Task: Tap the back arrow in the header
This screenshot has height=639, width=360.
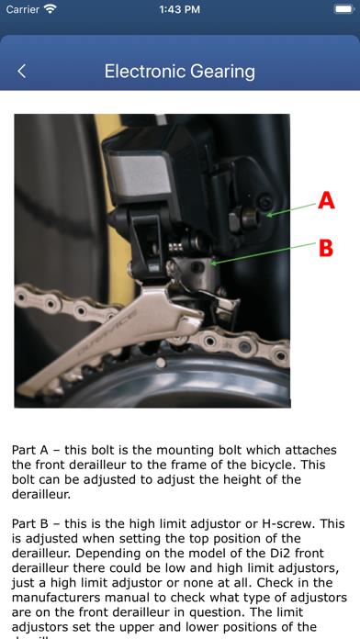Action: coord(22,72)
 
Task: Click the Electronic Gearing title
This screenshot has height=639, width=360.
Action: coord(180,72)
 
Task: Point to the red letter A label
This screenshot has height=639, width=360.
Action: coord(326,200)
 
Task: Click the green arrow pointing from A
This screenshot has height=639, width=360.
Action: coord(292,207)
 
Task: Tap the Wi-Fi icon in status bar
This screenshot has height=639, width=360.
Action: coord(50,9)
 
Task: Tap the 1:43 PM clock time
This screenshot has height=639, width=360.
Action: coord(180,9)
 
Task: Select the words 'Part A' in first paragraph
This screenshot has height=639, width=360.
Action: coord(30,451)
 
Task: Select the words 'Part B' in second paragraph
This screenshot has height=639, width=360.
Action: coord(30,523)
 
